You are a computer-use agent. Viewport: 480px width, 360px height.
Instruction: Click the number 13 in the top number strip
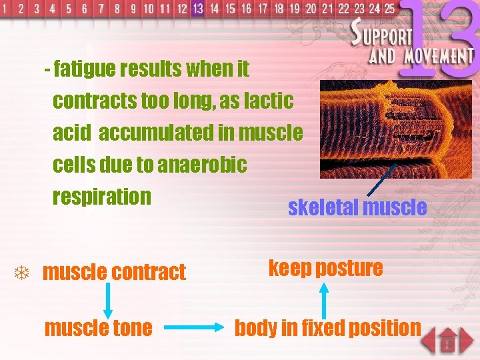(197, 9)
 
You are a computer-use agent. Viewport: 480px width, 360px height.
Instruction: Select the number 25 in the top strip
(389, 9)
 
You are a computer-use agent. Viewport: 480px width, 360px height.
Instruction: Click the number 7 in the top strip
(101, 9)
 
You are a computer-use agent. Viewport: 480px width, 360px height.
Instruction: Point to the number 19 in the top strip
(295, 9)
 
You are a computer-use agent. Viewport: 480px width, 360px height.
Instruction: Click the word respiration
(102, 197)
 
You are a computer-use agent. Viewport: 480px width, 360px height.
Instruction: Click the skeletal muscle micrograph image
(395, 129)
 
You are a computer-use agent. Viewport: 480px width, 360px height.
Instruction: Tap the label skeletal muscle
(357, 207)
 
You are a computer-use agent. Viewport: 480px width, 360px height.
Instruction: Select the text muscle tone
(97, 328)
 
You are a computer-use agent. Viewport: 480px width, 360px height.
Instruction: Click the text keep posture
(325, 268)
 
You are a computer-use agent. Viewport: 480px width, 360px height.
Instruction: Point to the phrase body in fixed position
(327, 328)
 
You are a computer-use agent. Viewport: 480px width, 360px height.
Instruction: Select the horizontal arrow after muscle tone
(193, 328)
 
